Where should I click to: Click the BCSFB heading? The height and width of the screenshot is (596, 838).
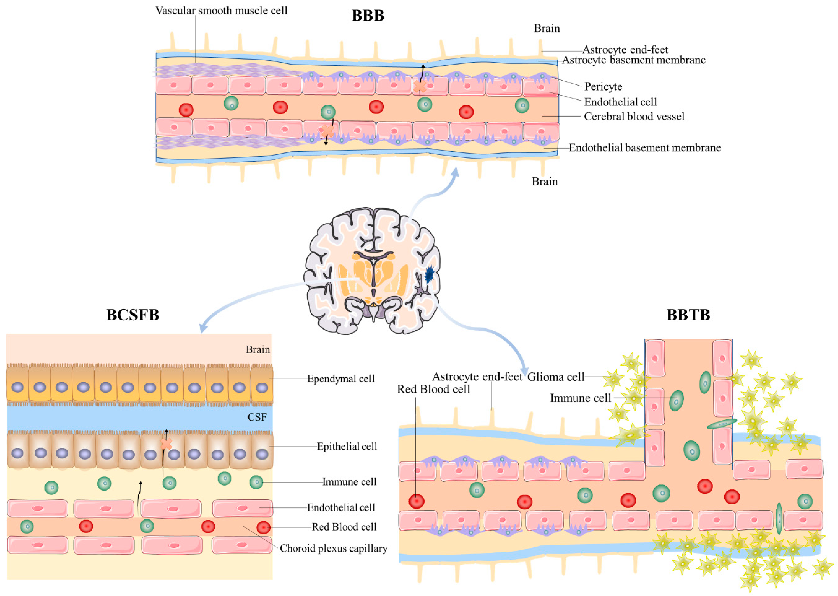(x=133, y=315)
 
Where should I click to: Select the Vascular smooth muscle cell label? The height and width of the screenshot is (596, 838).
(x=221, y=11)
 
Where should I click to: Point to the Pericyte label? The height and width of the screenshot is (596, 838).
(x=603, y=87)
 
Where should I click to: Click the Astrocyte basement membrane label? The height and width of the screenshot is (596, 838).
(x=634, y=60)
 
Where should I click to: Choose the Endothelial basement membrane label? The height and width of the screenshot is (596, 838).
(x=645, y=148)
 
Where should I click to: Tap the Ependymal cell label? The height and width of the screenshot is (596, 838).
(x=341, y=379)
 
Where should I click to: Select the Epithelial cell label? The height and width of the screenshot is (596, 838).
(x=347, y=446)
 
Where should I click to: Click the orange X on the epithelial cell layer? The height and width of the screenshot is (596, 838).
(x=166, y=444)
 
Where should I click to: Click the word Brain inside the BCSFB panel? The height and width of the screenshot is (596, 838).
(x=258, y=349)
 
